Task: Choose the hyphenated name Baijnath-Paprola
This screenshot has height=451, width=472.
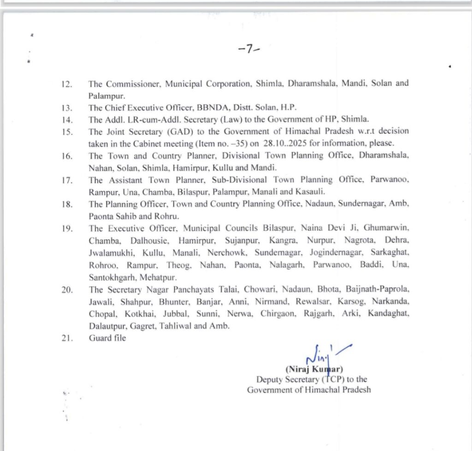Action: click(x=378, y=289)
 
